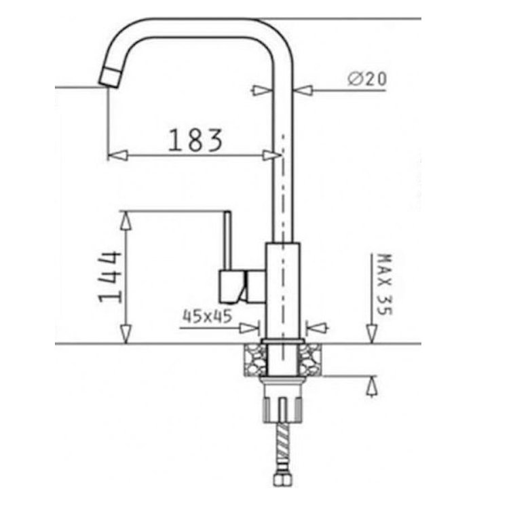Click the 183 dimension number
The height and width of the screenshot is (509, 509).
click(x=195, y=140)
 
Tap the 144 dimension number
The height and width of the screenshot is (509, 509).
click(x=110, y=277)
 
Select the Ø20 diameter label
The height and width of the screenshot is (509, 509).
click(x=367, y=79)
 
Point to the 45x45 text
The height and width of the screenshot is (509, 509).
click(x=208, y=316)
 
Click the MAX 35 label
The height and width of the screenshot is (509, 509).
click(x=385, y=284)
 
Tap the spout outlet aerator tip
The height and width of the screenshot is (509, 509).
click(x=110, y=78)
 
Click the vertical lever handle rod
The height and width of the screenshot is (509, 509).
click(x=228, y=240)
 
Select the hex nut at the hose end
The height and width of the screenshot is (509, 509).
click(x=283, y=479)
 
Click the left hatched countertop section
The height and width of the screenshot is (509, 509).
click(x=255, y=360)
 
